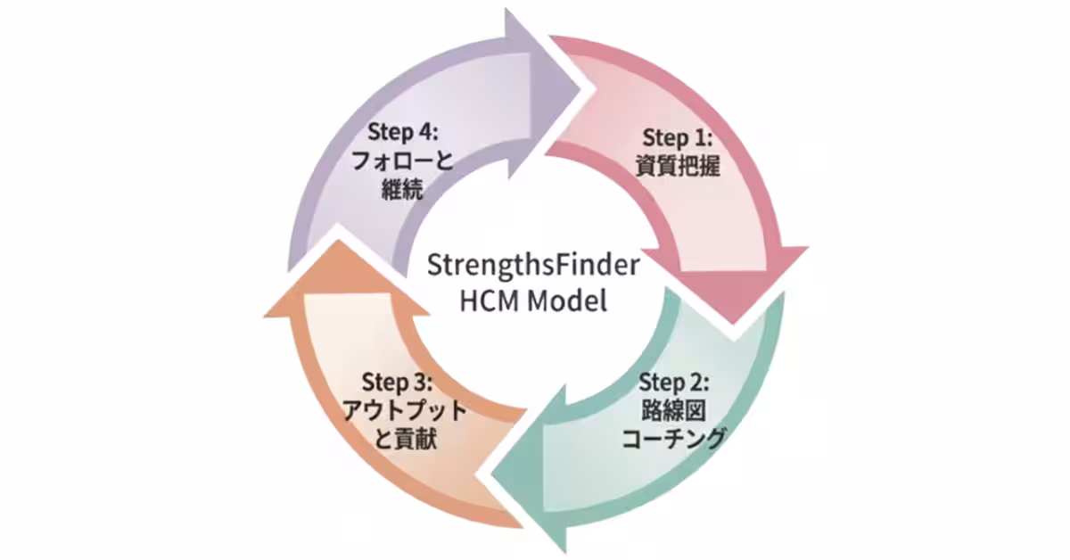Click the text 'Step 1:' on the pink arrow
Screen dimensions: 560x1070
678,138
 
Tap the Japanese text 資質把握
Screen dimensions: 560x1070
678,165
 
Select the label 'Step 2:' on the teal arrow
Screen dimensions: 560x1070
674,384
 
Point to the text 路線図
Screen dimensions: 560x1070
674,411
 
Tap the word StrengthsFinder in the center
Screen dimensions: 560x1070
533,267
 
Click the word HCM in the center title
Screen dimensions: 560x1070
489,301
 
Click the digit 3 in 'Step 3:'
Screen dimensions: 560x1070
422,384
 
